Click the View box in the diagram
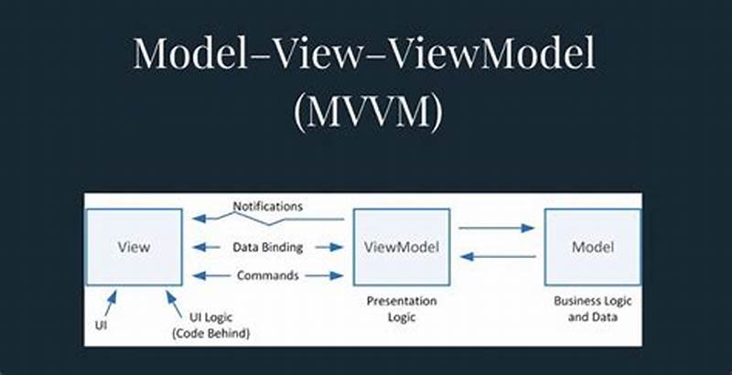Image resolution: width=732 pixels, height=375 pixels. (x=134, y=247)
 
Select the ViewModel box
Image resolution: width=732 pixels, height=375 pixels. (x=402, y=247)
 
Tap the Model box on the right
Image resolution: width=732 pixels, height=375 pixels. (x=592, y=247)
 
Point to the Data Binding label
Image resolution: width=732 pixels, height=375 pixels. (x=268, y=247)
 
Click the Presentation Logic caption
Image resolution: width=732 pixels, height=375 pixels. (x=402, y=308)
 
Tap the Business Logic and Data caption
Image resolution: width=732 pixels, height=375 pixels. (x=592, y=308)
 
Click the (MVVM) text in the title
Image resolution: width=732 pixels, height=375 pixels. (x=366, y=112)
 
